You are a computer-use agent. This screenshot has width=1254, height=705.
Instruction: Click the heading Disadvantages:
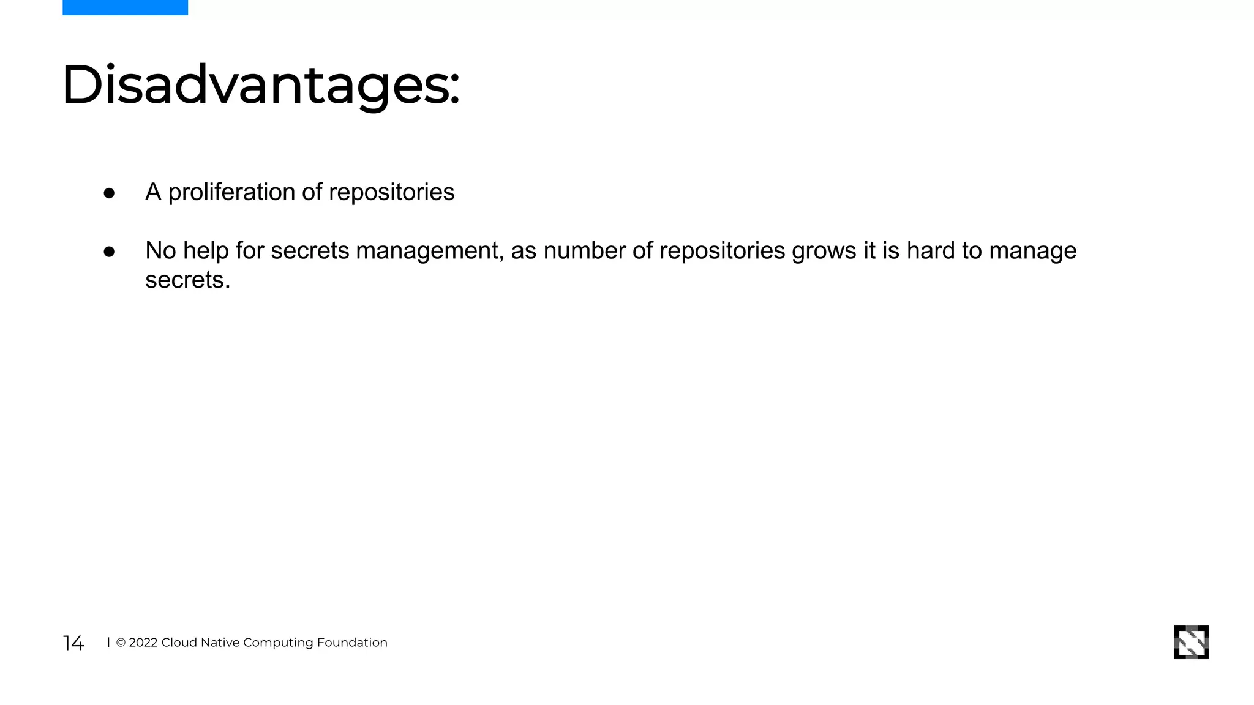[260, 85]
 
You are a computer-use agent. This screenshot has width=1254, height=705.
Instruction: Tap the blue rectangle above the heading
[125, 7]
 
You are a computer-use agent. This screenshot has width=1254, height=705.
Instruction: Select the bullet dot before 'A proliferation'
[109, 193]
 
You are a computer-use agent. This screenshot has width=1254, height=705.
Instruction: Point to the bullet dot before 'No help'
[109, 252]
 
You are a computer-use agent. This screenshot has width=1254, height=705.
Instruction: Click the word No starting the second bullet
[160, 250]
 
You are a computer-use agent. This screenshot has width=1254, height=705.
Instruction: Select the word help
[206, 250]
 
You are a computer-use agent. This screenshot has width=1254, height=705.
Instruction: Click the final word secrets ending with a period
[187, 280]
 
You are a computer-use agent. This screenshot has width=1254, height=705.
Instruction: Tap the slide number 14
[73, 643]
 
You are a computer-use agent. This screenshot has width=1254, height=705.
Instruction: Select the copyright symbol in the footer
[121, 643]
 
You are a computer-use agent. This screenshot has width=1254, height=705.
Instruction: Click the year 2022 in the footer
[143, 643]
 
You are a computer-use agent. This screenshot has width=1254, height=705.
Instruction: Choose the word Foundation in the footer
[352, 643]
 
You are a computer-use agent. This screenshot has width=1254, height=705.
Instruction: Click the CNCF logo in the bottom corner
[1191, 642]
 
